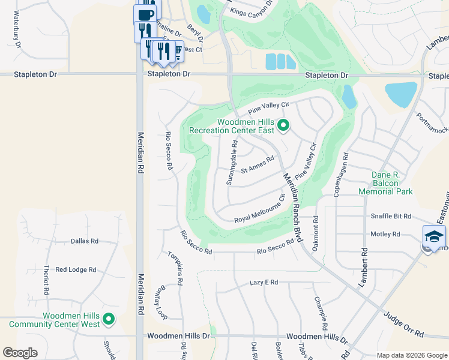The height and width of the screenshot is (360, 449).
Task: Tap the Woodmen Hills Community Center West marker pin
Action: (109, 320)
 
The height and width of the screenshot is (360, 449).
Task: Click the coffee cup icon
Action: (145, 14)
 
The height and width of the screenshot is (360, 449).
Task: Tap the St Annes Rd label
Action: (257, 165)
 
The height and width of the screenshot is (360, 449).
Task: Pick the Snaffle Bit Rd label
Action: (390, 216)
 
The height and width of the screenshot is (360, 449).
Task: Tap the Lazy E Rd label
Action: (265, 282)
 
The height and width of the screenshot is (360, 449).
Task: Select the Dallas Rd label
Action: (84, 241)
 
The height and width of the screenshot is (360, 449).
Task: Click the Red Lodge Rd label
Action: (76, 269)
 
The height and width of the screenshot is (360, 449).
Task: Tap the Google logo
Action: (20, 353)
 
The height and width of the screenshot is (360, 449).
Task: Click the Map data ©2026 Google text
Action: (411, 355)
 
